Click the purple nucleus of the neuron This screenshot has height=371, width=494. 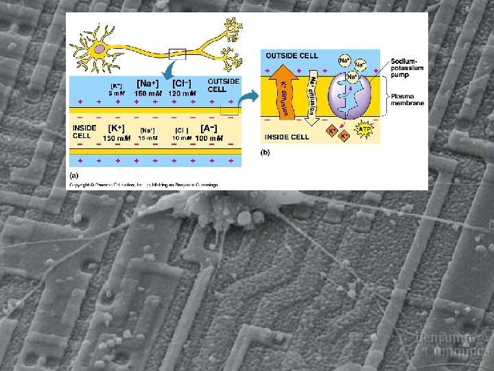click(100, 49)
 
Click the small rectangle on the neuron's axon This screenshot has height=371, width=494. click(177, 53)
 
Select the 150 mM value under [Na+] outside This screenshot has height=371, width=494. click(148, 93)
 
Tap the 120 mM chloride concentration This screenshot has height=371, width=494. click(183, 93)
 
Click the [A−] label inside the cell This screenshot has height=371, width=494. click(209, 128)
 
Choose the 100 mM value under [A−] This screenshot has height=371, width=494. click(209, 138)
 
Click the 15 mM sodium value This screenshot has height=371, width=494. click(148, 138)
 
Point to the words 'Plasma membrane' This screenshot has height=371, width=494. click(407, 100)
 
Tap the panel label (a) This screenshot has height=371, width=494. click(73, 176)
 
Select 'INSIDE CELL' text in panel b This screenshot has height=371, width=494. click(287, 137)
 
